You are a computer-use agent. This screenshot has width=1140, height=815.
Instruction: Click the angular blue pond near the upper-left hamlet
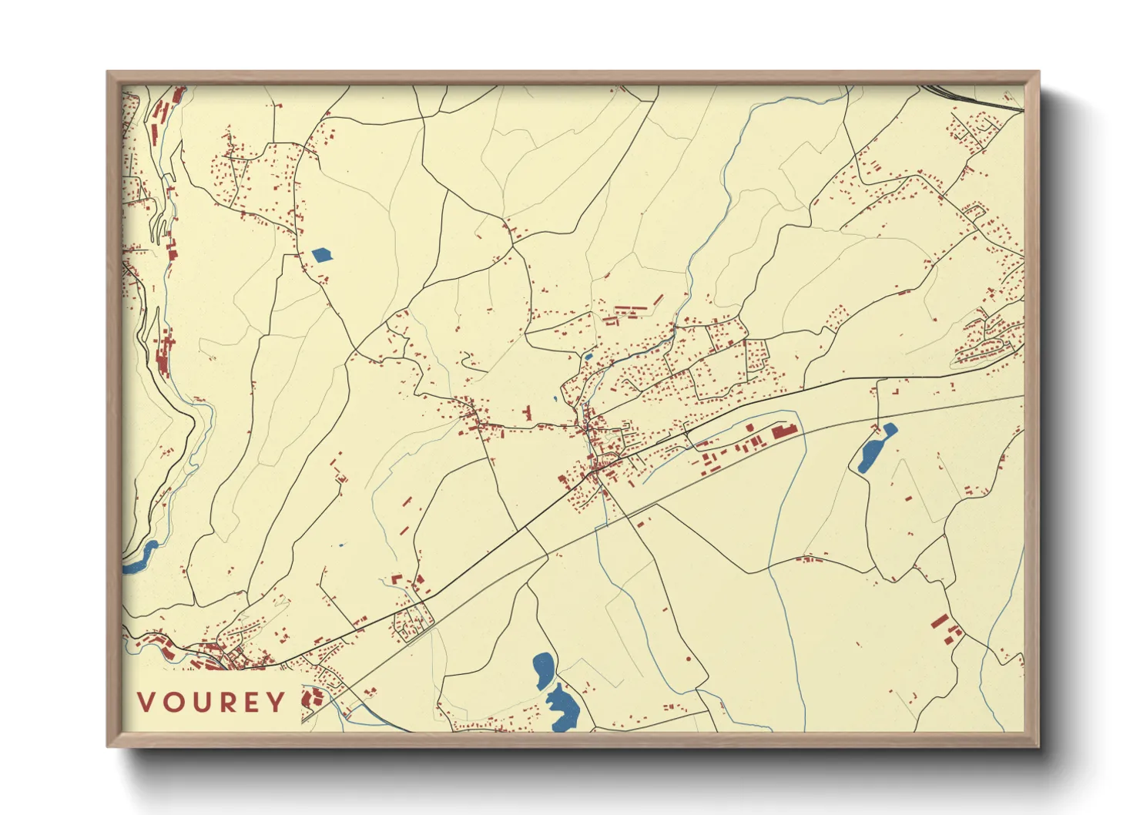(x=322, y=255)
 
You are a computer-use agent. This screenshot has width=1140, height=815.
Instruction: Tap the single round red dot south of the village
(x=689, y=659)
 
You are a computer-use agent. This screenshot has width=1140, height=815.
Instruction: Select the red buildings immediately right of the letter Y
(x=310, y=699)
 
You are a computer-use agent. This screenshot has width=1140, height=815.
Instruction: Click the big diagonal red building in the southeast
(x=939, y=621)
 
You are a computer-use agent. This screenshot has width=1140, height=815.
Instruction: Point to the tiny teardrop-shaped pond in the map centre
(x=554, y=400)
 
